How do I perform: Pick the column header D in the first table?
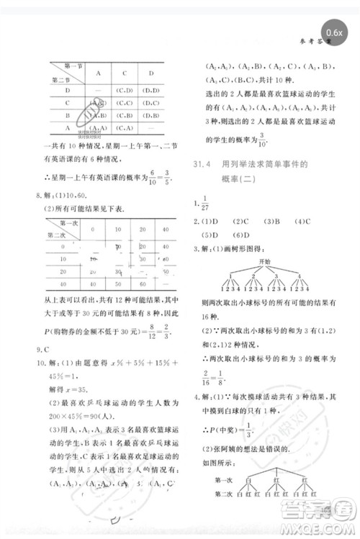pyautogui.click(x=151, y=73)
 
